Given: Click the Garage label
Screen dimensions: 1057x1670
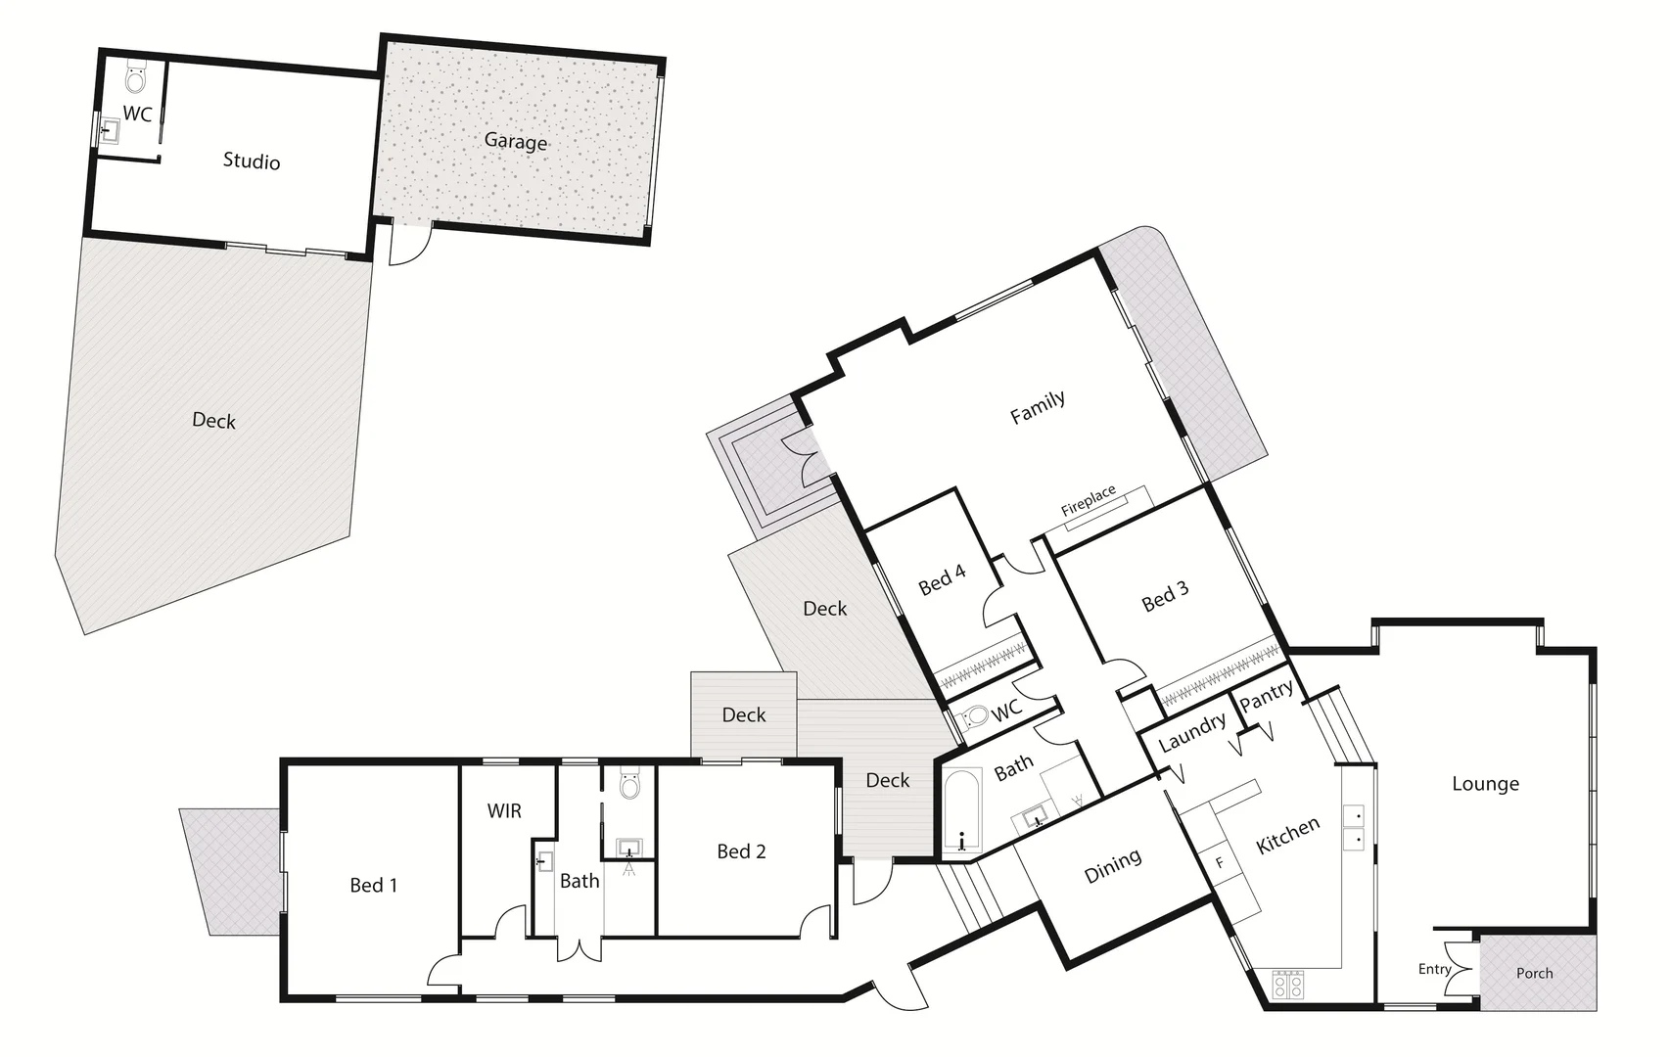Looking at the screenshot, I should tap(516, 142).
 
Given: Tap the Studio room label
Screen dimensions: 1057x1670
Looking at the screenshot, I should tap(252, 161).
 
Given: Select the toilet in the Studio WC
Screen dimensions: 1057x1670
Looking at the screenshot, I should tap(136, 78).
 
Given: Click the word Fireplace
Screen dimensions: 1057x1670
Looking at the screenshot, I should tap(1089, 500).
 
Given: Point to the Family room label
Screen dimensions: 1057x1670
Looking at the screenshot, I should tap(1038, 406).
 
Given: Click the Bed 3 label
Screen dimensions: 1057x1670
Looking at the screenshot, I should tap(1165, 596).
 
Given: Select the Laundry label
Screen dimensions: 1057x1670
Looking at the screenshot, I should tap(1191, 731).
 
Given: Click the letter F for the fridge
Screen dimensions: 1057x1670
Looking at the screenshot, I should tap(1220, 863).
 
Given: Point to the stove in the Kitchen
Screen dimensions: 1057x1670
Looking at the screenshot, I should tap(1287, 984).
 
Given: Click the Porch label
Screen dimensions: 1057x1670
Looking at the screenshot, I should tap(1534, 973).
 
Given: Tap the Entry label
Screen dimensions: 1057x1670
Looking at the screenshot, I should tap(1434, 969).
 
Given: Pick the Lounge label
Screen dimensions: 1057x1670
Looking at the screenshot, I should tap(1485, 783).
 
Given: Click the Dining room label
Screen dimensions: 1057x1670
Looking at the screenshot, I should tap(1113, 865).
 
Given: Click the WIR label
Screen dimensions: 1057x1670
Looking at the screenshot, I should tap(504, 810).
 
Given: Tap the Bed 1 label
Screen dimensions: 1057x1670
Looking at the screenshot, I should tap(374, 885).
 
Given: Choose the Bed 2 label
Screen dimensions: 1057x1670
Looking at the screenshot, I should tap(741, 851).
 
